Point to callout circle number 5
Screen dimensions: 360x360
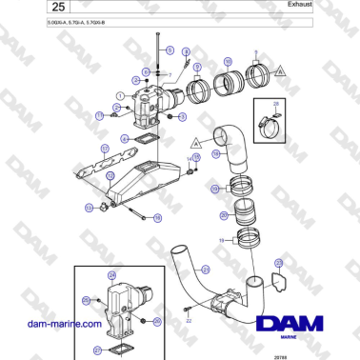tap(170, 49)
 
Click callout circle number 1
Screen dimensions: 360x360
tap(120, 95)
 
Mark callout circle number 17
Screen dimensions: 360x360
tap(100, 115)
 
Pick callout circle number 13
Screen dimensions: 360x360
tap(90, 206)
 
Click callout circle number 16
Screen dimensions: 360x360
tap(196, 157)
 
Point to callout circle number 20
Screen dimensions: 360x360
tap(224, 215)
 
